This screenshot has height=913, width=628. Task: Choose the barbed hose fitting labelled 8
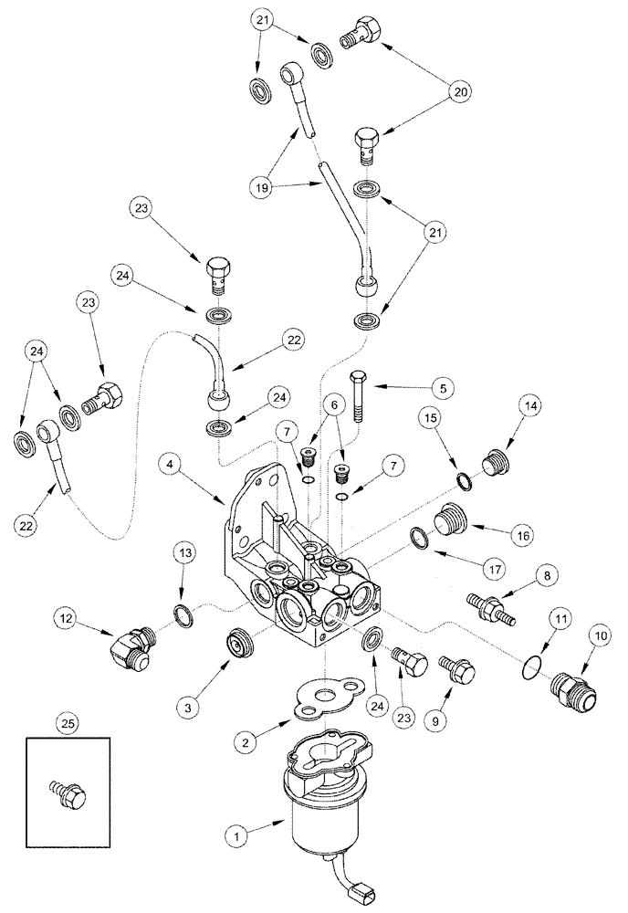coord(492,609)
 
